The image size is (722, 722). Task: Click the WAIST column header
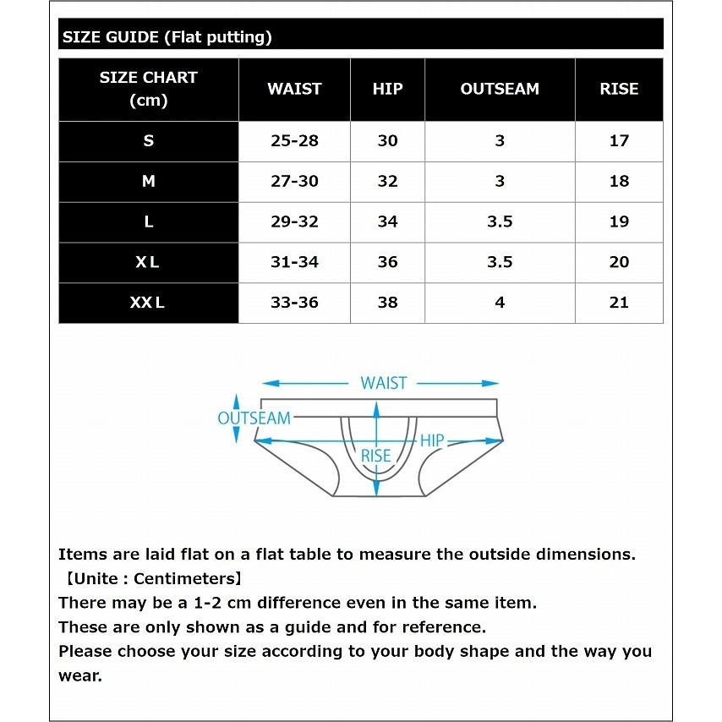(294, 89)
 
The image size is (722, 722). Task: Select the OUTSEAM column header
(499, 89)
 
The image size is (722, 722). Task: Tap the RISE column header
(619, 89)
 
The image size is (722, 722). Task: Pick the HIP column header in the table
(387, 89)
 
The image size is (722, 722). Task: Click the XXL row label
(148, 303)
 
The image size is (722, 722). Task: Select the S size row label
(148, 141)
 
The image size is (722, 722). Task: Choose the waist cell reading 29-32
(294, 222)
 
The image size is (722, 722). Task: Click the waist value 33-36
(294, 303)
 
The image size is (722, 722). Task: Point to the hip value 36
(387, 262)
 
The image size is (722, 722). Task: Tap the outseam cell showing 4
(500, 303)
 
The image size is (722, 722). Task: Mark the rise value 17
(619, 141)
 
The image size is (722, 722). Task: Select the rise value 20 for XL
(619, 262)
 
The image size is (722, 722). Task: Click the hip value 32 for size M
(387, 181)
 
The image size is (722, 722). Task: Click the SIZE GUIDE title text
(167, 37)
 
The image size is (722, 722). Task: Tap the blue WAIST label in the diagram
(384, 383)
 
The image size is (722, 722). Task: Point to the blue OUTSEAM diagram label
(254, 418)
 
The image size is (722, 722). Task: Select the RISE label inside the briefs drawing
(376, 456)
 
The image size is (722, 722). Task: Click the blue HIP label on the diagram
(432, 440)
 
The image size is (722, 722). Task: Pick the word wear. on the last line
(79, 676)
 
